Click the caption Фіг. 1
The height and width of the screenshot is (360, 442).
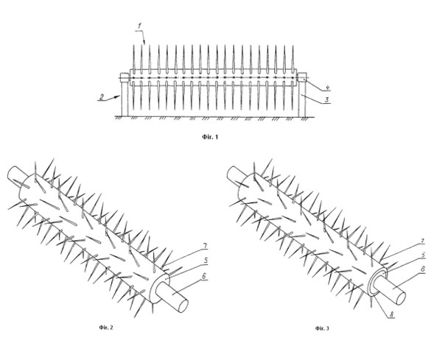(210, 137)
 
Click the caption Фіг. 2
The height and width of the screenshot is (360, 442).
(106, 328)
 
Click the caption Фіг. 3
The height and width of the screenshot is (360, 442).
(322, 328)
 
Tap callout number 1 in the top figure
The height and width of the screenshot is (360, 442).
(139, 27)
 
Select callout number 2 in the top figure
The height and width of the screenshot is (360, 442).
(102, 96)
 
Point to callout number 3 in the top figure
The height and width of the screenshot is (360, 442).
(326, 99)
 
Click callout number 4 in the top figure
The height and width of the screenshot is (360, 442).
(327, 88)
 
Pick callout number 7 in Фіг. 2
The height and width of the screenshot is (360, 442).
(206, 246)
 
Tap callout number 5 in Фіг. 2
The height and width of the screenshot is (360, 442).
(206, 261)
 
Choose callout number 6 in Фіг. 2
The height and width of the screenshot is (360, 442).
(203, 276)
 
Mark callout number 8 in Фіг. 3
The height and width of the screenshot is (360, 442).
(391, 314)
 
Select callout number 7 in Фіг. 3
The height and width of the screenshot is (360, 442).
(422, 241)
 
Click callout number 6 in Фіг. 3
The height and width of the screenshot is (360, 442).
(422, 269)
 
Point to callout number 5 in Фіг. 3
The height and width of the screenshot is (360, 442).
(423, 255)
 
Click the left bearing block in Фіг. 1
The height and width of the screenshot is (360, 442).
(124, 77)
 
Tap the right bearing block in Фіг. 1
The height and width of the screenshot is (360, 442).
(303, 77)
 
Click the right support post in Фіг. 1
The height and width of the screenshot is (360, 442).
(302, 99)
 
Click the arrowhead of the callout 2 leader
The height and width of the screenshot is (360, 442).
(118, 96)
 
